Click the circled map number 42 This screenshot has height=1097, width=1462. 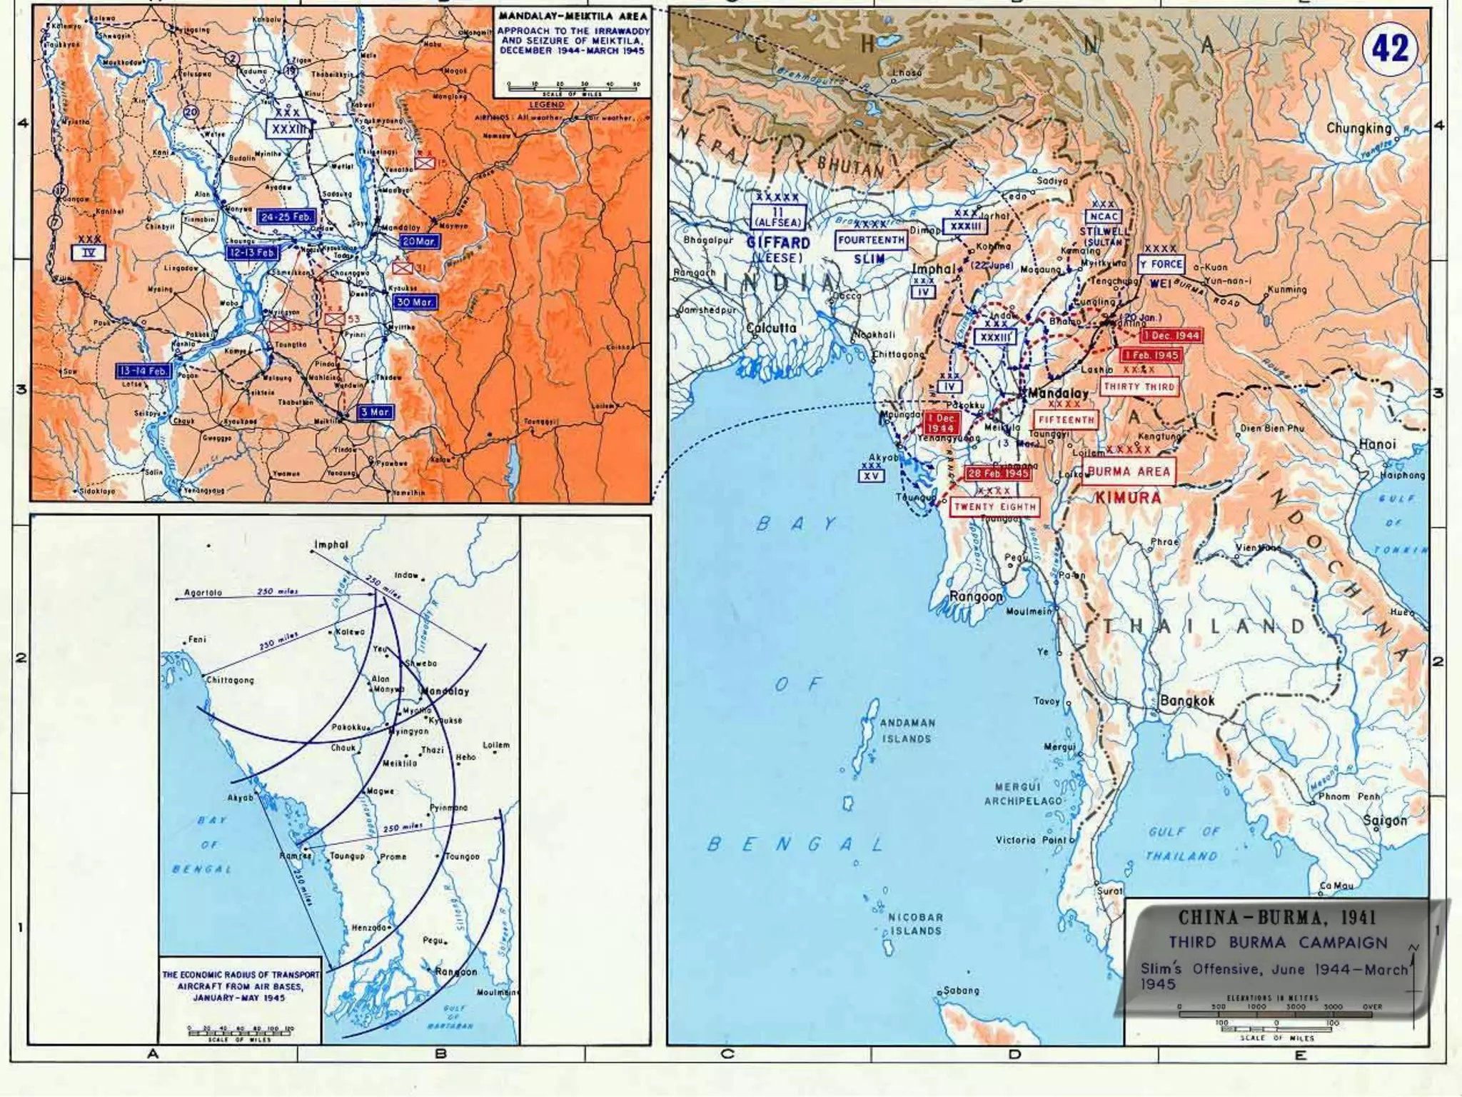click(1390, 49)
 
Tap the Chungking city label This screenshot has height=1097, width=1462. click(1358, 129)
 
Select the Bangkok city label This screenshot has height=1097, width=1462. click(1187, 701)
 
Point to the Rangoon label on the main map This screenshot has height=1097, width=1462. click(976, 596)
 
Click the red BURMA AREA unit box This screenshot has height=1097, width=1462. click(1129, 471)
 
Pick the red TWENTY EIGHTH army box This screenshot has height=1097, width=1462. click(995, 507)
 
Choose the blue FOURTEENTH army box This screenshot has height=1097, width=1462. click(871, 240)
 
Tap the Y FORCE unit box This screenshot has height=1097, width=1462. click(1160, 264)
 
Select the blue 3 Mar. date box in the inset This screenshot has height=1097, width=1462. click(375, 412)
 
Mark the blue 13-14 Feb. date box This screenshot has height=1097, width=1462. click(143, 371)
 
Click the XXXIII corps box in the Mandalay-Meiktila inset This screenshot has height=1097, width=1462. click(288, 129)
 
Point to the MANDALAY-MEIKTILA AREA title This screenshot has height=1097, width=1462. click(573, 16)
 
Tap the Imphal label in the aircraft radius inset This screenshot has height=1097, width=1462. click(331, 545)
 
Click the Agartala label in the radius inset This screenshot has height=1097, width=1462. click(203, 593)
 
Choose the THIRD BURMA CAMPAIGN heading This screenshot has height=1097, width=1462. click(1278, 942)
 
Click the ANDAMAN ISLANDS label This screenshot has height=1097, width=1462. click(906, 731)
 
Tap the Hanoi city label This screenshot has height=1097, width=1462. click(1377, 444)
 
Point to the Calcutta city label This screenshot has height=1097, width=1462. click(771, 329)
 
